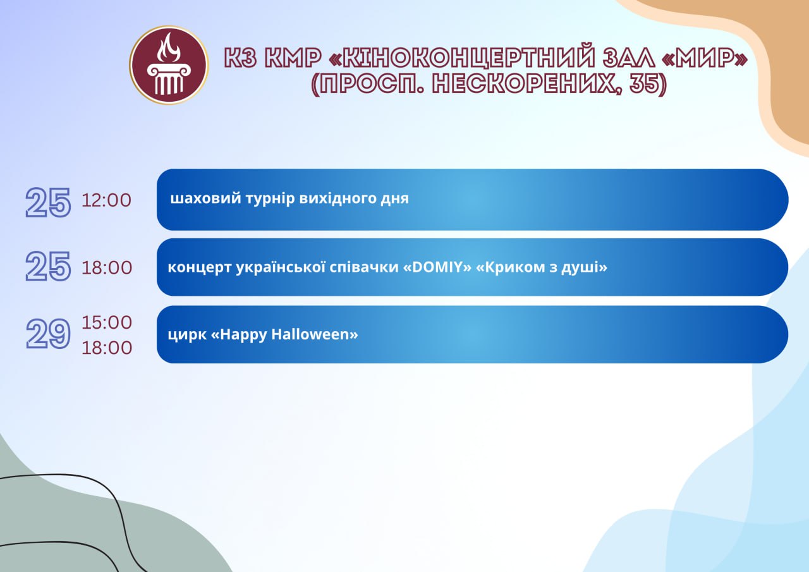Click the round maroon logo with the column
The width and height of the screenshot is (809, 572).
click(169, 65)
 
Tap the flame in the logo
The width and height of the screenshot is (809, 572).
click(169, 47)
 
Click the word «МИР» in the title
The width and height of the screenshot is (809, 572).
click(704, 58)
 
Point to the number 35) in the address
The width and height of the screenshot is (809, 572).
click(648, 84)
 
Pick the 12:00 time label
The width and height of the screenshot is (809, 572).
click(106, 200)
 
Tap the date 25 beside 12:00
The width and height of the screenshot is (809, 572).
click(48, 202)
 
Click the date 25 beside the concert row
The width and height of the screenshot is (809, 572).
click(48, 266)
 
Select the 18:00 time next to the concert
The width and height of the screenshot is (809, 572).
click(107, 268)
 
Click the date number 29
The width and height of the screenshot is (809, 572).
click(48, 334)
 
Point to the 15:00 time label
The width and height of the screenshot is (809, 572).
click(107, 322)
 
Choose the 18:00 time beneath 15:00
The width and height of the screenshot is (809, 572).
click(107, 348)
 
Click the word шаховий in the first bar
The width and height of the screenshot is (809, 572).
click(205, 198)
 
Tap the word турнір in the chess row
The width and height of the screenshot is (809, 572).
click(271, 199)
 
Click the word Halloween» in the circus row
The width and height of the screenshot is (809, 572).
click(315, 334)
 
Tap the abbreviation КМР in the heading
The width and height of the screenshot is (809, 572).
click(293, 58)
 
